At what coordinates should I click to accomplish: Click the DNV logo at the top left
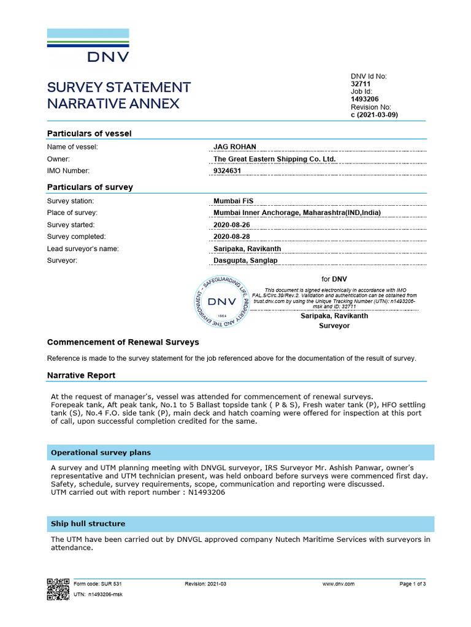pos(88,45)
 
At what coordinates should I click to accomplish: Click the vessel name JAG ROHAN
pos(234,147)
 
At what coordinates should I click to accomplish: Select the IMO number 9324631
pos(227,171)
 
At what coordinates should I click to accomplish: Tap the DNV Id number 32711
pos(361,84)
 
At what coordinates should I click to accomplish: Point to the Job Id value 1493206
pos(364,99)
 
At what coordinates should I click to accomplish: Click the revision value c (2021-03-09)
pos(374,115)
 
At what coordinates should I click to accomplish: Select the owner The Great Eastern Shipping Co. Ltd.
pos(274,159)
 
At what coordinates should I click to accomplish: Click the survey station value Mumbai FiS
pos(233,201)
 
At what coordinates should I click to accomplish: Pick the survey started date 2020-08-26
pos(231,225)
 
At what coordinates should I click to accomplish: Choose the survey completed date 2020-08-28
pos(231,236)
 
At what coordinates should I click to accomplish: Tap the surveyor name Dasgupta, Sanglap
pos(245,260)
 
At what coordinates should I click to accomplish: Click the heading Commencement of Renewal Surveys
pos(123,342)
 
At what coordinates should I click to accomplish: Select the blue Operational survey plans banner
pos(240,452)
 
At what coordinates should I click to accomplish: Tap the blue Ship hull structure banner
pos(240,524)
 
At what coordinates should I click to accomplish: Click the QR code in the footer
pos(58,588)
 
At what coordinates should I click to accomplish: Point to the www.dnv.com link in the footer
pos(339,584)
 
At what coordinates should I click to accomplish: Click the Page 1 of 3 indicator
pos(412,584)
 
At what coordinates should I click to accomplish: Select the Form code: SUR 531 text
pos(93,584)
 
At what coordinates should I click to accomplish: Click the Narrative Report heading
pos(81,375)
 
